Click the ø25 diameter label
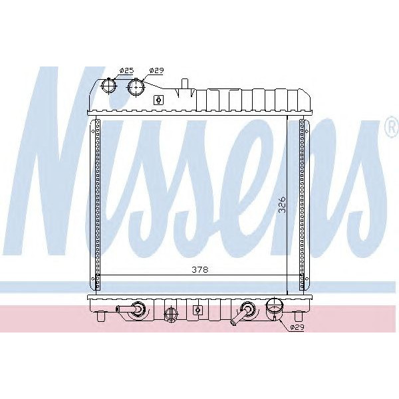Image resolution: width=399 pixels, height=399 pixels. point(126,70)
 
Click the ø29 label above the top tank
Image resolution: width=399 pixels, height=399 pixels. point(157,70)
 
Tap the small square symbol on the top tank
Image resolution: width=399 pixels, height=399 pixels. point(158,100)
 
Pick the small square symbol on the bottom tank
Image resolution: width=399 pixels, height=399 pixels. point(197,310)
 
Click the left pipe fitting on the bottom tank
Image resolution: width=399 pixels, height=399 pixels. point(133,310)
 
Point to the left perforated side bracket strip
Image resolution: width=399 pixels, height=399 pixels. point(97,199)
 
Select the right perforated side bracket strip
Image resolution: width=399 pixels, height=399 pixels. point(303,199)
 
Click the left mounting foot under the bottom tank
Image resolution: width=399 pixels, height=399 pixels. point(101,318)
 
